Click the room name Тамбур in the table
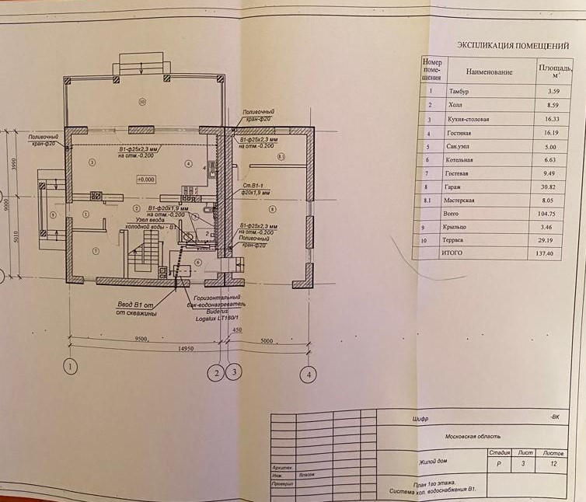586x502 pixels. click(x=460, y=92)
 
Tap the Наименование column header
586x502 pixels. click(x=491, y=71)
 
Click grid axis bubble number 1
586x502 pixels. click(x=71, y=366)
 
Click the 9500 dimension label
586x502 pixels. click(x=141, y=339)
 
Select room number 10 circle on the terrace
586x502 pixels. click(x=142, y=101)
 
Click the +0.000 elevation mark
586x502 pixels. click(x=145, y=179)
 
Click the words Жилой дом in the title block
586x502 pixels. click(x=434, y=462)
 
